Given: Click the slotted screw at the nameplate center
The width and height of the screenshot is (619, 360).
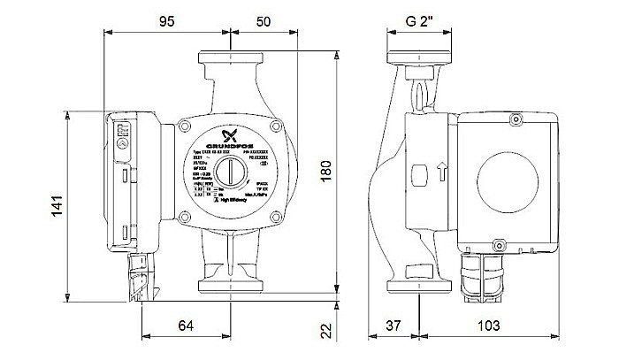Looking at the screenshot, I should tap(232, 168).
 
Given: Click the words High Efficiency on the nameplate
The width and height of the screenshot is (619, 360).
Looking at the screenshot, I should tap(227, 208).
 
